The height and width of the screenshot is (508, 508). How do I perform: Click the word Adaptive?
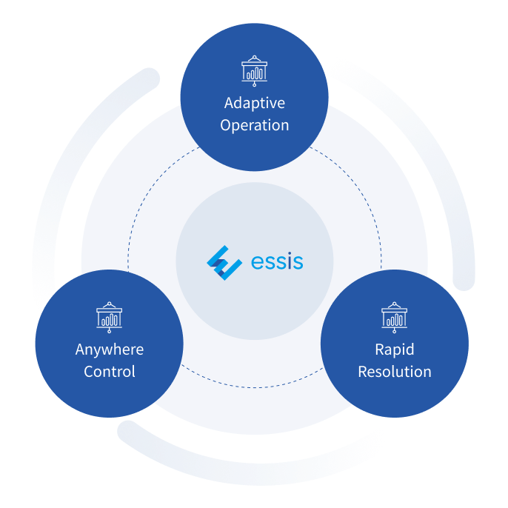pyautogui.click(x=254, y=103)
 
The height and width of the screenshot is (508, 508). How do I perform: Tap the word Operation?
pyautogui.click(x=254, y=125)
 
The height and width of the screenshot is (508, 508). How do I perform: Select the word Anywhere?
pyautogui.click(x=110, y=350)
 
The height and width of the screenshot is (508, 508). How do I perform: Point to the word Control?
pyautogui.click(x=110, y=372)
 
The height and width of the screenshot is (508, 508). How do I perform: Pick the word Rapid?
pyautogui.click(x=395, y=350)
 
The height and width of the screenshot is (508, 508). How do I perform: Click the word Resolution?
pyautogui.click(x=395, y=372)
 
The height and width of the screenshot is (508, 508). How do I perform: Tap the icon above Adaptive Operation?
pyautogui.click(x=254, y=71)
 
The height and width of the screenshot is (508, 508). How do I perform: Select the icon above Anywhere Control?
pyautogui.click(x=110, y=316)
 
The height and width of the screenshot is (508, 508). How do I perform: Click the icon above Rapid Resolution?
pyautogui.click(x=394, y=316)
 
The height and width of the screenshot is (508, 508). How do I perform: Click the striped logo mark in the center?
pyautogui.click(x=224, y=262)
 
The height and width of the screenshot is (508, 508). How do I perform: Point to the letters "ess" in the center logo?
pyautogui.click(x=267, y=262)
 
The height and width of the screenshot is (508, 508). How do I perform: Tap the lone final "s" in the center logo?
pyautogui.click(x=296, y=262)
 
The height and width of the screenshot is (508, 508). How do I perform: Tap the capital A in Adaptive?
pyautogui.click(x=230, y=103)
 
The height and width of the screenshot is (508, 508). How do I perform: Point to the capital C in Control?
pyautogui.click(x=90, y=372)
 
